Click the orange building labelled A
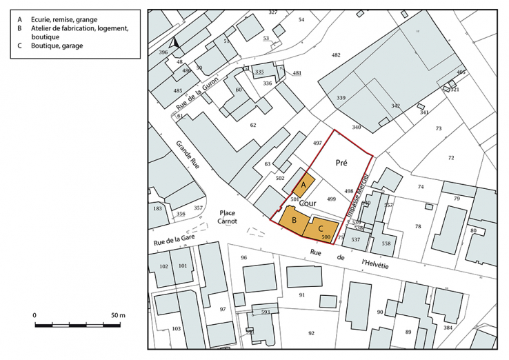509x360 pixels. click(304, 186)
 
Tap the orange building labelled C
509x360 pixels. click(321, 230)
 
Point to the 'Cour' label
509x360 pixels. click(308, 204)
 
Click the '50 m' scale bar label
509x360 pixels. click(117, 315)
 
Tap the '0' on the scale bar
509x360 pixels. click(34, 315)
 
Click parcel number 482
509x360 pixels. click(336, 54)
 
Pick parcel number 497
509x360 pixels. click(317, 143)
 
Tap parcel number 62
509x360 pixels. click(253, 125)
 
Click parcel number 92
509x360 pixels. click(311, 333)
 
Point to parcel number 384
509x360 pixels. click(467, 328)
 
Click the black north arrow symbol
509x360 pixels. click(175, 43)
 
